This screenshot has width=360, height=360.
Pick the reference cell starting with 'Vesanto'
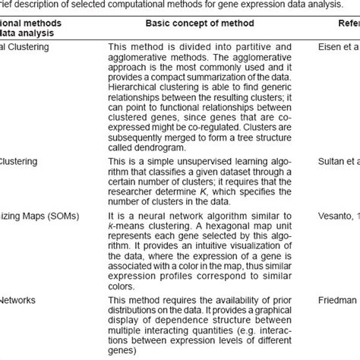coord(334,215)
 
